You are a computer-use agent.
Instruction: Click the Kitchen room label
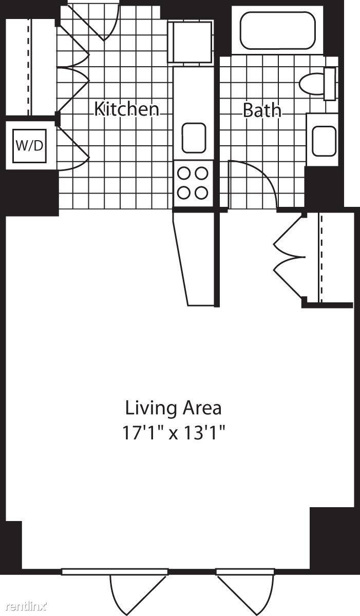[127, 109]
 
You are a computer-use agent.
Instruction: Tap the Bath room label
[262, 110]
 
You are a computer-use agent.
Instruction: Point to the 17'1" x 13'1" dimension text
[174, 433]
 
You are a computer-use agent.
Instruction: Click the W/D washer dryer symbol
[29, 146]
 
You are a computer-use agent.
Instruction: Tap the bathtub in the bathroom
[277, 30]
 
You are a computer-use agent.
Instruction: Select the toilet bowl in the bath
[312, 84]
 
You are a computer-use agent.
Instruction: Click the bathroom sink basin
[324, 141]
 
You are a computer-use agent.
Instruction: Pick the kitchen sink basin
[194, 138]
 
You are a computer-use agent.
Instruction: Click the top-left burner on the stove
[184, 174]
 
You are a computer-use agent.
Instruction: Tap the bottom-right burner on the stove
[201, 192]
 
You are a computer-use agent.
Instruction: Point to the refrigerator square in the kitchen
[191, 42]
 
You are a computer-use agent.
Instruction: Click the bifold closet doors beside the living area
[289, 257]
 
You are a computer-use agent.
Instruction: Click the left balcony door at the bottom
[138, 591]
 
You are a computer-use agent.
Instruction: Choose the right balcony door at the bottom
[245, 591]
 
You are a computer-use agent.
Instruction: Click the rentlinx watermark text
[27, 606]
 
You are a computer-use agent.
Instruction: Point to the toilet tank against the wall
[330, 84]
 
